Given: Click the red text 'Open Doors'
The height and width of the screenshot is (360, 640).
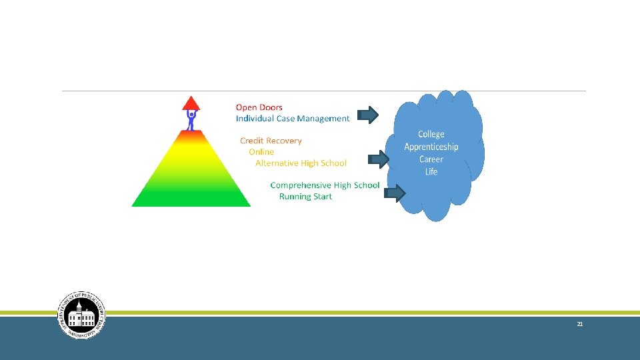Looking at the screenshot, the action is (x=259, y=107).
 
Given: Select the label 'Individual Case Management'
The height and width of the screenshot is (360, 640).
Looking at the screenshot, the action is (x=292, y=119).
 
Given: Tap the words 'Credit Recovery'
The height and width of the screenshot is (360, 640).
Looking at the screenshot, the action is (x=271, y=141).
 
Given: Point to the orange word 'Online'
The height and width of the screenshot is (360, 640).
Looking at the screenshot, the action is (x=261, y=152).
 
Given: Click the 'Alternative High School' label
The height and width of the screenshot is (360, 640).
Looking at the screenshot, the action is (x=301, y=163).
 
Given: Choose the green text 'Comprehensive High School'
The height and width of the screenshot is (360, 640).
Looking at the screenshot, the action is (x=325, y=185).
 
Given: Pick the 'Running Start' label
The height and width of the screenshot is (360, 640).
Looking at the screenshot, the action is (x=305, y=197).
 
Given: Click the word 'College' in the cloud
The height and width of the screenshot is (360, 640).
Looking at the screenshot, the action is (x=431, y=135).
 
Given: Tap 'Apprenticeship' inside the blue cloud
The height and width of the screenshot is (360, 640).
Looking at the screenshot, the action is (x=431, y=147).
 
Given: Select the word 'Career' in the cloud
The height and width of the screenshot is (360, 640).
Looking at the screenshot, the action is (x=431, y=159).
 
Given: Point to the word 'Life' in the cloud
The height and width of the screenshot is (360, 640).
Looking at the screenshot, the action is (x=431, y=172).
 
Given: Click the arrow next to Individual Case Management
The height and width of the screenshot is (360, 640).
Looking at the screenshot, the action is (x=368, y=115).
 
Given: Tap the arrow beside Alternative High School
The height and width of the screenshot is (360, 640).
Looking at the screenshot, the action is (x=378, y=159).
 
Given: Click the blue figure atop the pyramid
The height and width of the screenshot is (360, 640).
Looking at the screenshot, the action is (x=191, y=120).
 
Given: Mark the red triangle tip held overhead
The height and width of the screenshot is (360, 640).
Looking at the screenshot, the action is (x=191, y=103).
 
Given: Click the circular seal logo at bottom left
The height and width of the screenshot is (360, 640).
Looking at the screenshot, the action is (x=81, y=315).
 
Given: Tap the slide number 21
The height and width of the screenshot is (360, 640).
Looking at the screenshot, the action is (x=579, y=324).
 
